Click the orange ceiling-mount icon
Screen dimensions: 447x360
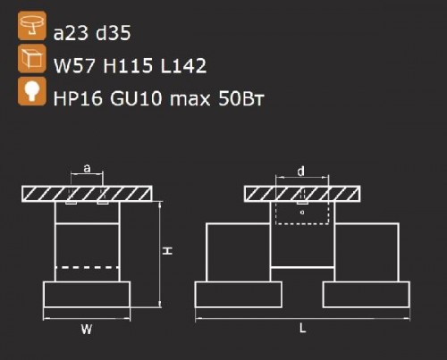click(32, 26)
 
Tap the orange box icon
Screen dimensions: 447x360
click(32, 59)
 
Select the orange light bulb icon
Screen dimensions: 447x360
click(32, 91)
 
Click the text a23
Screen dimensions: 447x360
click(72, 33)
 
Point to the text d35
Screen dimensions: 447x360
click(114, 32)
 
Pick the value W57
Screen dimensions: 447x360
click(74, 65)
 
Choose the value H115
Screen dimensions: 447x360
click(128, 65)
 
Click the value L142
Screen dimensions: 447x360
click(183, 65)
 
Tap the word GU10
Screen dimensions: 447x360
click(136, 98)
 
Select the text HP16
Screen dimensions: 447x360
click(78, 98)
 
